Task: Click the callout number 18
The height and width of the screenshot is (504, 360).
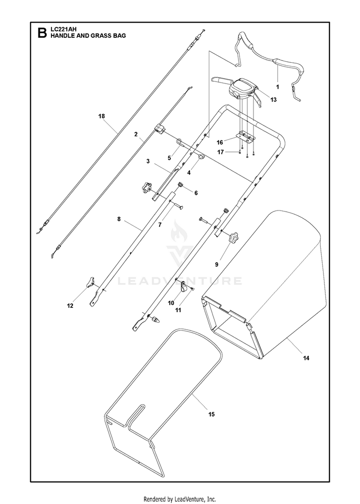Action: tap(101, 116)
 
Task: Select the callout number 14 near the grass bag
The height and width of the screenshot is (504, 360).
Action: tap(306, 358)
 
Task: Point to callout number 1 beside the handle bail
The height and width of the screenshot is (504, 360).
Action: tap(277, 86)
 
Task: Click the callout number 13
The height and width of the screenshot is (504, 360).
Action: tap(273, 100)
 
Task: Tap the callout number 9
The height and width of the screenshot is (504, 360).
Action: tap(217, 264)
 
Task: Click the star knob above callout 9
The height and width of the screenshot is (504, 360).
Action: tap(234, 236)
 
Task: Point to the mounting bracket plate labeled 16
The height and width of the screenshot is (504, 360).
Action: tap(245, 136)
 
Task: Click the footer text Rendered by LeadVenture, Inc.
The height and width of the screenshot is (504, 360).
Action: tap(180, 499)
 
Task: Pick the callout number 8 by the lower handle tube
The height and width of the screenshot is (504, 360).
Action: tap(119, 219)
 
